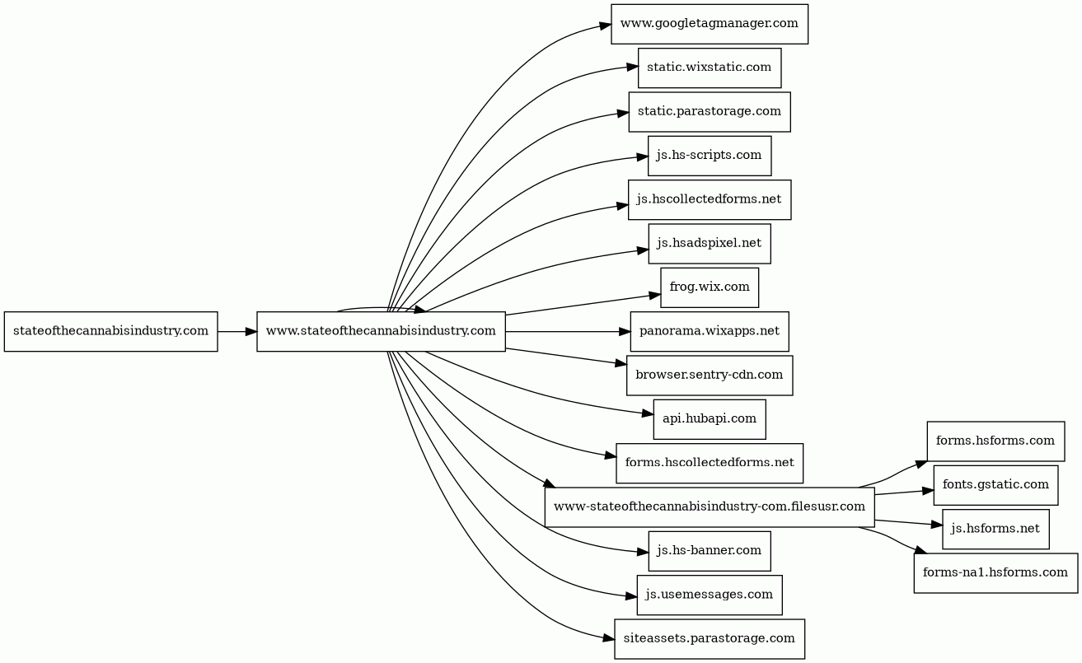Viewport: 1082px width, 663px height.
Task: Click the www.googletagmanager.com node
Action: point(709,24)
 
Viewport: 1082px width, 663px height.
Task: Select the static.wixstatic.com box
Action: point(709,68)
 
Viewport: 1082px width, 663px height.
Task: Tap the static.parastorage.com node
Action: point(709,112)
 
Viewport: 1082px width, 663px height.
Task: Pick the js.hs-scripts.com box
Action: point(709,156)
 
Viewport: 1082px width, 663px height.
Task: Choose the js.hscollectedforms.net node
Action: point(709,199)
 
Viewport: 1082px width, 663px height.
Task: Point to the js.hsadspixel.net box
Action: point(709,244)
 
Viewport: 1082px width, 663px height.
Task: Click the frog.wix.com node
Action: point(709,287)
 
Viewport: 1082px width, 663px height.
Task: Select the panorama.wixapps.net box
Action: point(709,331)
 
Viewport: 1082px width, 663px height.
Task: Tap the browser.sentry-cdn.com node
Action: point(709,376)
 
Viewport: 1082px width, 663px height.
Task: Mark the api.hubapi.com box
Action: point(709,419)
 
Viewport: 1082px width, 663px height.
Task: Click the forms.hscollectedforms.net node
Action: point(709,463)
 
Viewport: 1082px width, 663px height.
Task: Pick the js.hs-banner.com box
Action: point(709,551)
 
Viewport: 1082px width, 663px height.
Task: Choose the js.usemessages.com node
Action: point(709,595)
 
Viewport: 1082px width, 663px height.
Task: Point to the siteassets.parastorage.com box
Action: point(709,639)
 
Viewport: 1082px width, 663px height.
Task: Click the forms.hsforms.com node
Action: point(995,441)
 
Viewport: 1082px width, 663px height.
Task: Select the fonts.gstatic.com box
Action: point(995,485)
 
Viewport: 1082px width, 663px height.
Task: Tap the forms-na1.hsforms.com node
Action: point(995,572)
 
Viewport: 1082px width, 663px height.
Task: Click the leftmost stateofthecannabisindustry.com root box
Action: point(110,331)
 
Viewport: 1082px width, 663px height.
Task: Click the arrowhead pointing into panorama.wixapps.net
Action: point(624,331)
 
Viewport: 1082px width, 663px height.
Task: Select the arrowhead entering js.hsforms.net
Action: point(936,525)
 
